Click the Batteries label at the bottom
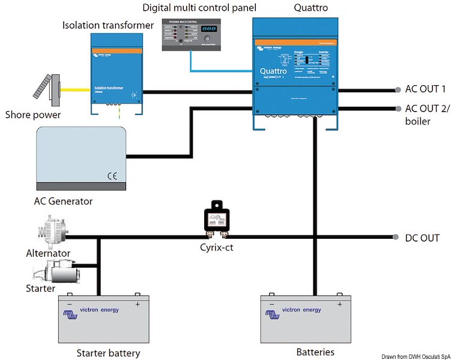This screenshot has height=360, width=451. tap(315, 352)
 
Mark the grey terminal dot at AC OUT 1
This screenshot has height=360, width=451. tap(397, 90)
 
